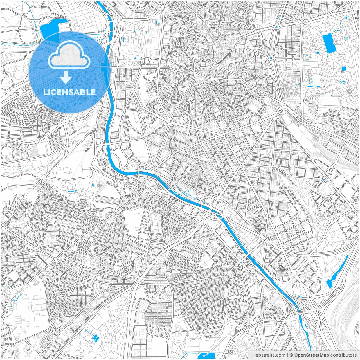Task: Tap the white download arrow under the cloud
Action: pyautogui.click(x=66, y=77)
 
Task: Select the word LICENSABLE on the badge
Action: pyautogui.click(x=69, y=92)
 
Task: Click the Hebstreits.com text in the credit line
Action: pyautogui.click(x=269, y=355)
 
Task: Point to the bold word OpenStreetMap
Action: pyautogui.click(x=311, y=355)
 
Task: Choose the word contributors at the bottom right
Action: pyautogui.click(x=343, y=355)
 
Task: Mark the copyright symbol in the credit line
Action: pyautogui.click(x=291, y=355)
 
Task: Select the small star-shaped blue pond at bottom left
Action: pyautogui.click(x=95, y=337)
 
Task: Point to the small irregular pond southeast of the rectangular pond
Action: pyautogui.click(x=343, y=69)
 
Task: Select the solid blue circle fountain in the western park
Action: pyautogui.click(x=93, y=185)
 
